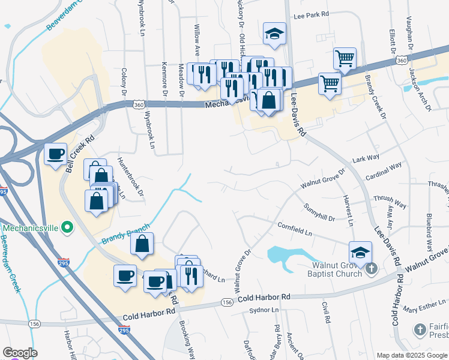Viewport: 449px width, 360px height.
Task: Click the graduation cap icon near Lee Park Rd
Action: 274,34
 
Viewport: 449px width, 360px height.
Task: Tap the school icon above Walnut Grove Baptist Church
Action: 360,252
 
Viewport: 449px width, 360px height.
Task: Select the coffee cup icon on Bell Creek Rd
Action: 56,154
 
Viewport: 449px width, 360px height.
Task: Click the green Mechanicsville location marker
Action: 67,228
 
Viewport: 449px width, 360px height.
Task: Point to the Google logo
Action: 20,352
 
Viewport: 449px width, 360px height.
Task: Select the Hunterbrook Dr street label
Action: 130,177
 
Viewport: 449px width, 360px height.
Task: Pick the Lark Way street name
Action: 366,158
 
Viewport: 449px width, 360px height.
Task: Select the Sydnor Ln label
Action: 264,310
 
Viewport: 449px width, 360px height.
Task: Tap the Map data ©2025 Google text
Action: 412,355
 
